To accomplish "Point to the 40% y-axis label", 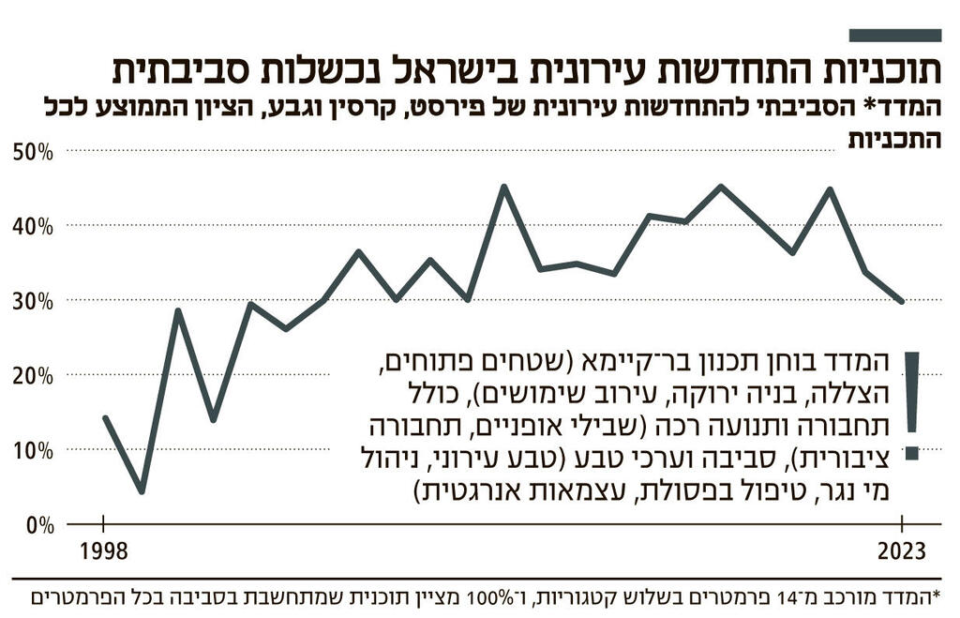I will [33, 226].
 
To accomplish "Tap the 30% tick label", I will [33, 301].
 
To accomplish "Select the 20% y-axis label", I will [33, 375].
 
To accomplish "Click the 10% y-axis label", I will [33, 450].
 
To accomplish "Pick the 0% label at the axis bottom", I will [38, 524].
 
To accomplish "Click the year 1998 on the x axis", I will [103, 551].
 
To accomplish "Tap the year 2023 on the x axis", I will [901, 551].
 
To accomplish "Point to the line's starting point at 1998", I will [104, 417].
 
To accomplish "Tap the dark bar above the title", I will [894, 35].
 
